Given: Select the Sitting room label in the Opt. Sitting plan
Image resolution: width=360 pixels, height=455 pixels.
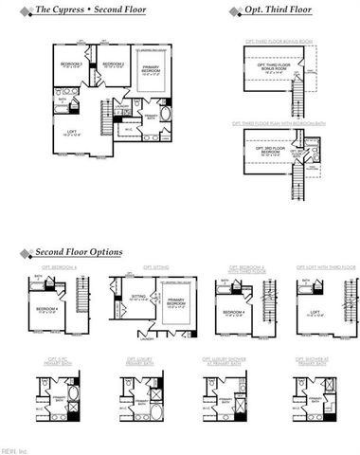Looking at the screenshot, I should click(x=139, y=297).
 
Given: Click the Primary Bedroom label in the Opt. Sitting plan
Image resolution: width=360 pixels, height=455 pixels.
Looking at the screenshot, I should click(x=175, y=303).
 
